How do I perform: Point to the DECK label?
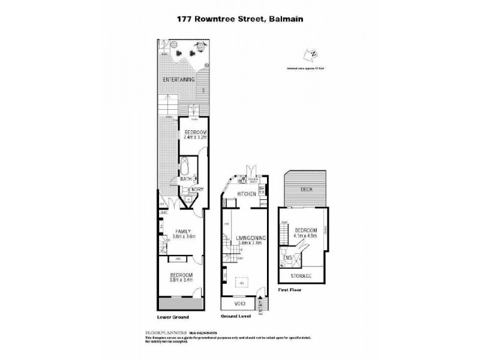point(306,190)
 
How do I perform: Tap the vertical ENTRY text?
point(260,305)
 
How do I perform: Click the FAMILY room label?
point(182,231)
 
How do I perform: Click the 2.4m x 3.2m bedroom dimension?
point(195,137)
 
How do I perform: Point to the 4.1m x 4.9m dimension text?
point(305,236)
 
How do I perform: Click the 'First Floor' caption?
point(290,290)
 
